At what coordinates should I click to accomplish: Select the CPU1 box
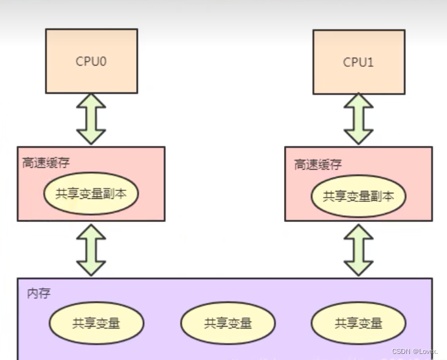click(x=359, y=61)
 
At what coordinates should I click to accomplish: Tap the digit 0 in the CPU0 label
click(x=103, y=61)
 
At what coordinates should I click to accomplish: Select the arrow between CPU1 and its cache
click(x=359, y=119)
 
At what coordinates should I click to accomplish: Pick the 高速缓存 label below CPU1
click(x=317, y=164)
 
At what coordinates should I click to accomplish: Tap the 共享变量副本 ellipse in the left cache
click(x=91, y=194)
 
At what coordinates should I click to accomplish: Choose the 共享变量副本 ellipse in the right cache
click(x=358, y=196)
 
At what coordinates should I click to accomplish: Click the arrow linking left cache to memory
click(x=91, y=249)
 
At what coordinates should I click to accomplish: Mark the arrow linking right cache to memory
click(x=359, y=250)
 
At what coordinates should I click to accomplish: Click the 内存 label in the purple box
click(x=38, y=294)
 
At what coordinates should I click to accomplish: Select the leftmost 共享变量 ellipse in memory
click(x=96, y=322)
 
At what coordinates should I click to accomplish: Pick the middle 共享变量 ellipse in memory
click(x=227, y=323)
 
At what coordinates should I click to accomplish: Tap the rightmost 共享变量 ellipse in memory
click(x=358, y=323)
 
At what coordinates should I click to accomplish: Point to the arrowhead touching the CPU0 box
click(x=91, y=99)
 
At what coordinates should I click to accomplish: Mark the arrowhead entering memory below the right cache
click(x=359, y=268)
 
